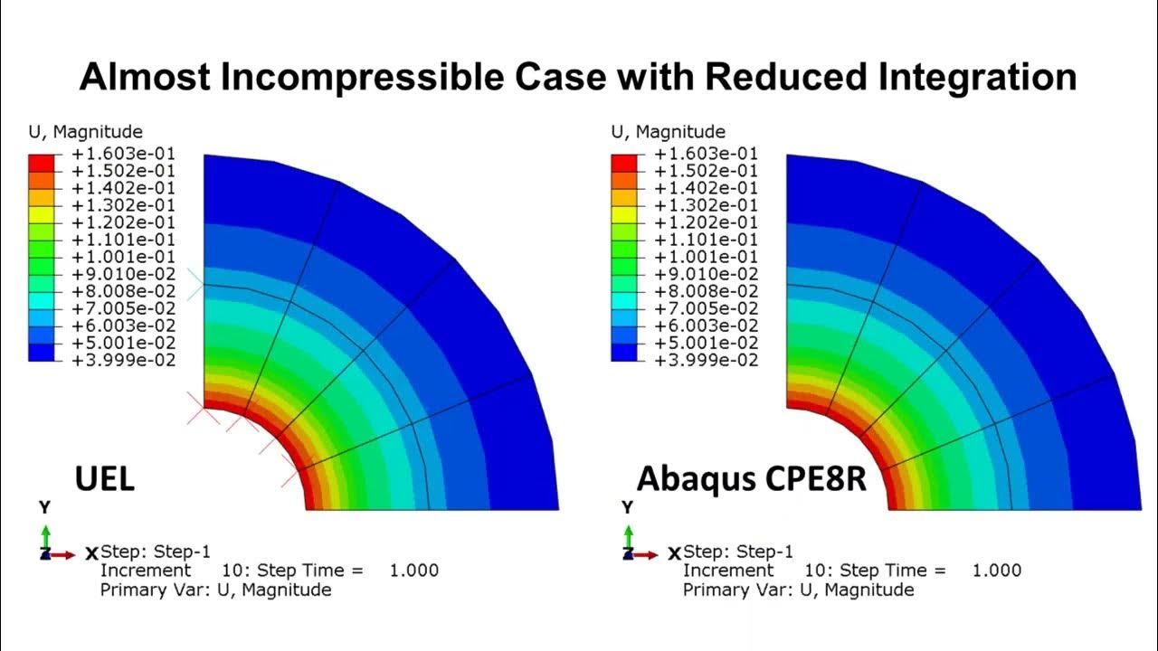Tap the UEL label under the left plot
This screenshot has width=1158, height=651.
104,477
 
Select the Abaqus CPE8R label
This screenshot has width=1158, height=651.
752,477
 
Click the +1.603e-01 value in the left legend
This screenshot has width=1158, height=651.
123,154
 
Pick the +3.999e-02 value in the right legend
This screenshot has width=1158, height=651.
706,360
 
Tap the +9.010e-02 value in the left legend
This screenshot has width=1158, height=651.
123,274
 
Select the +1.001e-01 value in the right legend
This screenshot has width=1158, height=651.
706,257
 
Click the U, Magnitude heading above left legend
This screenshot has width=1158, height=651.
85,132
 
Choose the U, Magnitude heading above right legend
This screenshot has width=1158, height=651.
668,132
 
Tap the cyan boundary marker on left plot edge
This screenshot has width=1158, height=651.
195,284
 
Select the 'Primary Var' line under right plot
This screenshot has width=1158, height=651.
798,590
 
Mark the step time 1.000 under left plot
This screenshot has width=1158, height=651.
413,571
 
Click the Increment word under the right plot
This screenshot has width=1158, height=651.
728,571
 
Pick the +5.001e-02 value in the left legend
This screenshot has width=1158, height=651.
123,343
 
